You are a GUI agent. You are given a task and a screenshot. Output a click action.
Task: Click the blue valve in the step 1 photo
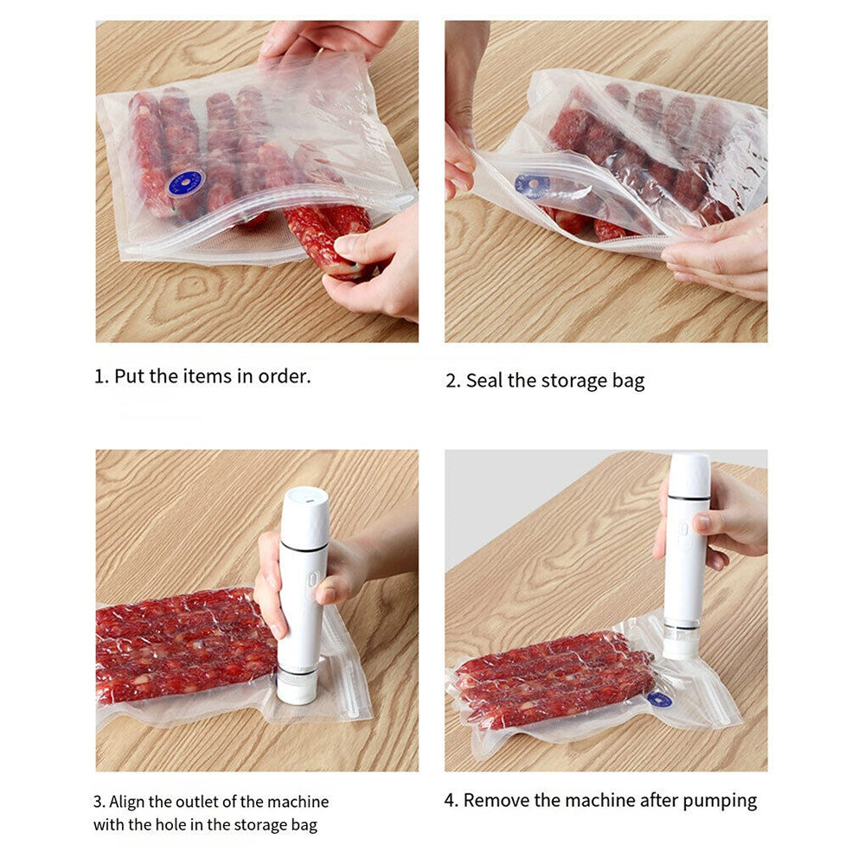click(x=187, y=183)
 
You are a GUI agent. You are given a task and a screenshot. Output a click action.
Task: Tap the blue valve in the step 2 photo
click(x=532, y=185)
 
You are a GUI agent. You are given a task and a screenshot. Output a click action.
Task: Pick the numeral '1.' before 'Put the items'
click(x=101, y=377)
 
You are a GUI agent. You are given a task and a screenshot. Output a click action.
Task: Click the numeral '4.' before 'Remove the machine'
click(x=452, y=800)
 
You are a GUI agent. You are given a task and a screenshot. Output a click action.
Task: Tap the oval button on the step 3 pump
click(x=313, y=580)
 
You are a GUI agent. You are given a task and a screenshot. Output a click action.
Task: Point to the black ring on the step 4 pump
click(x=689, y=497)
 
